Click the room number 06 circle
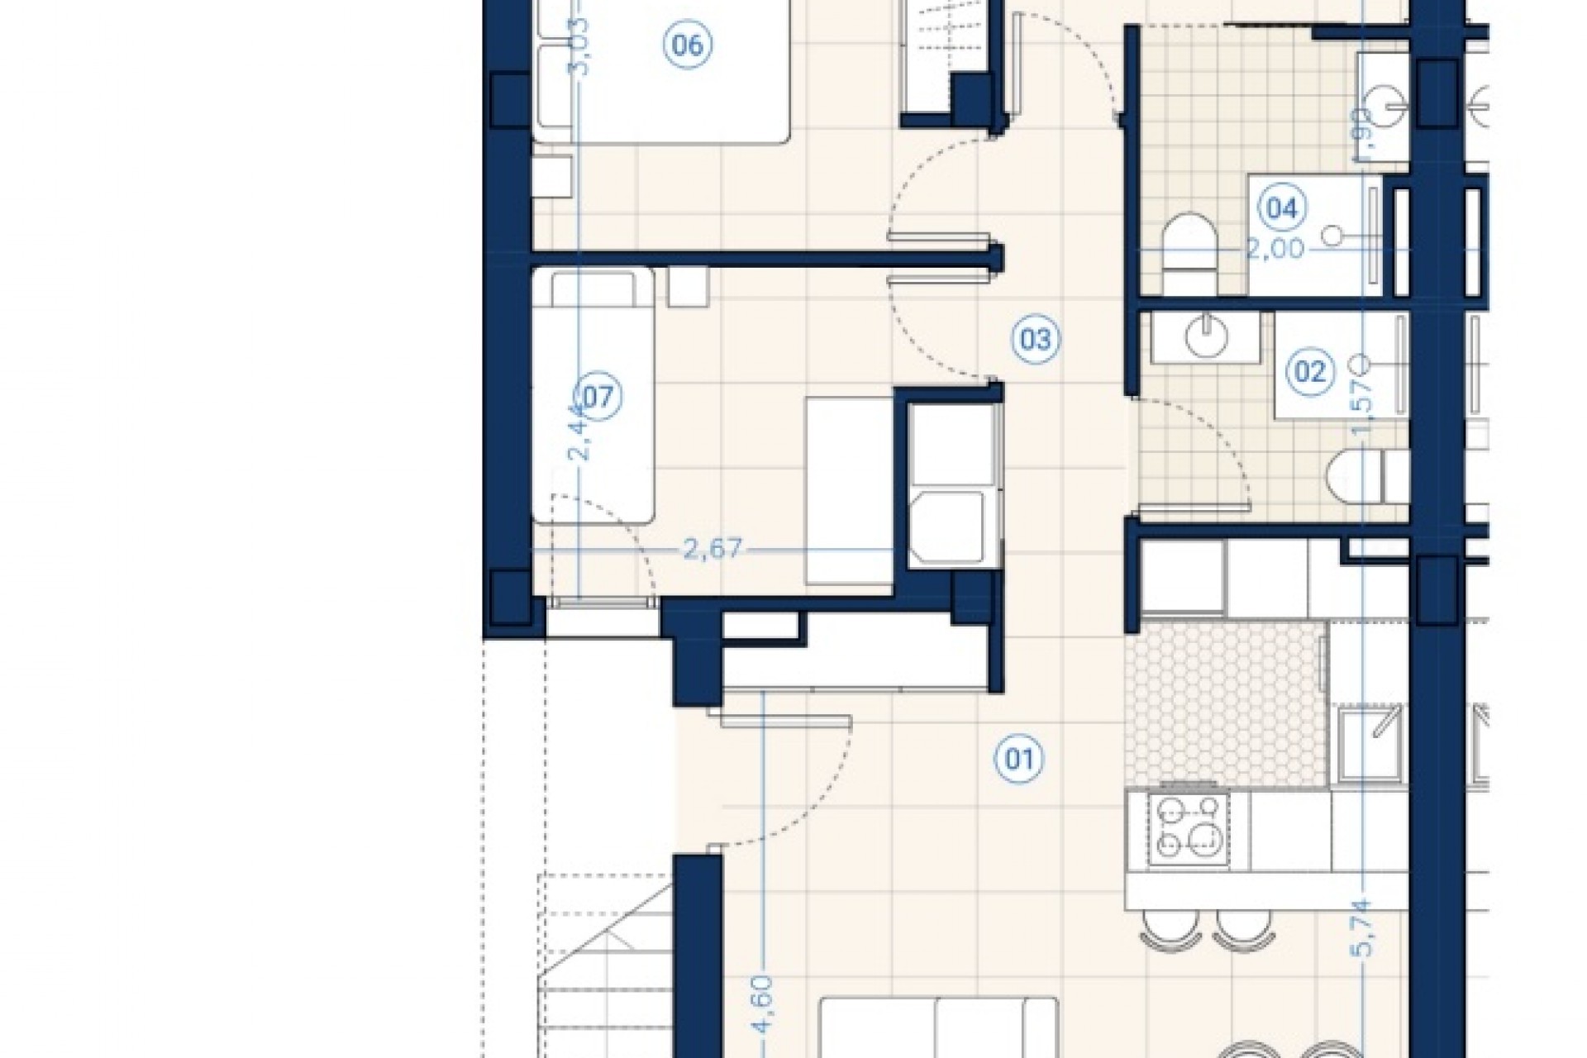pos(688,45)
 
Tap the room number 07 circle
pos(598,398)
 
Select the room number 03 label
pos(1035,339)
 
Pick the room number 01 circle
pos(1018,758)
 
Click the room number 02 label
pos(1310,372)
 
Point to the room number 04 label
pos(1281,208)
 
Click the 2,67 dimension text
pos(712,549)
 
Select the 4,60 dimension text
pos(762,1003)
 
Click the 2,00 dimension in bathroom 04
pos(1275,248)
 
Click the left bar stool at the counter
pos(1165,927)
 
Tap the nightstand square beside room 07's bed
pos(688,287)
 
